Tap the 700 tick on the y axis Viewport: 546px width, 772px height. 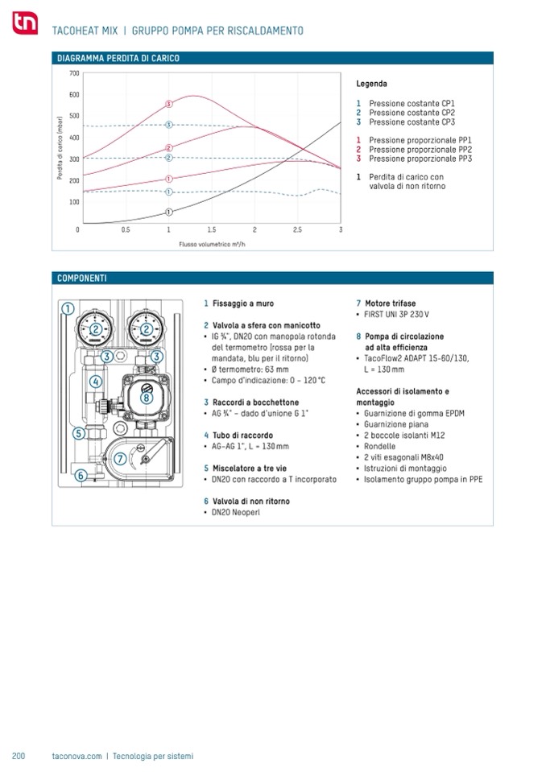coord(73,73)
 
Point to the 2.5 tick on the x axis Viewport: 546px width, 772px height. coord(297,230)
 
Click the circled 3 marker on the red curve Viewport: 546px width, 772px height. coord(168,104)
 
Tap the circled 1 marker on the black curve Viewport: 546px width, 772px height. coord(168,212)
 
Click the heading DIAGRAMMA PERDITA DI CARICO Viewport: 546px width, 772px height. coord(118,59)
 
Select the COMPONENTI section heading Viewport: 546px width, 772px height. coord(81,279)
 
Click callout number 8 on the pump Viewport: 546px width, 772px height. coord(147,397)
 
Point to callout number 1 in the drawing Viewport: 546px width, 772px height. coord(68,308)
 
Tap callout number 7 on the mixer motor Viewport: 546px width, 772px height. coord(119,459)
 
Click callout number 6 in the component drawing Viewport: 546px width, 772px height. coord(81,476)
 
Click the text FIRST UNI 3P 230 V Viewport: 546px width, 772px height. coord(396,315)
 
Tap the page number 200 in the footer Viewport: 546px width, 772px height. coord(19,756)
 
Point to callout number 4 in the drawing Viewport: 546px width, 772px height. coord(95,381)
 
